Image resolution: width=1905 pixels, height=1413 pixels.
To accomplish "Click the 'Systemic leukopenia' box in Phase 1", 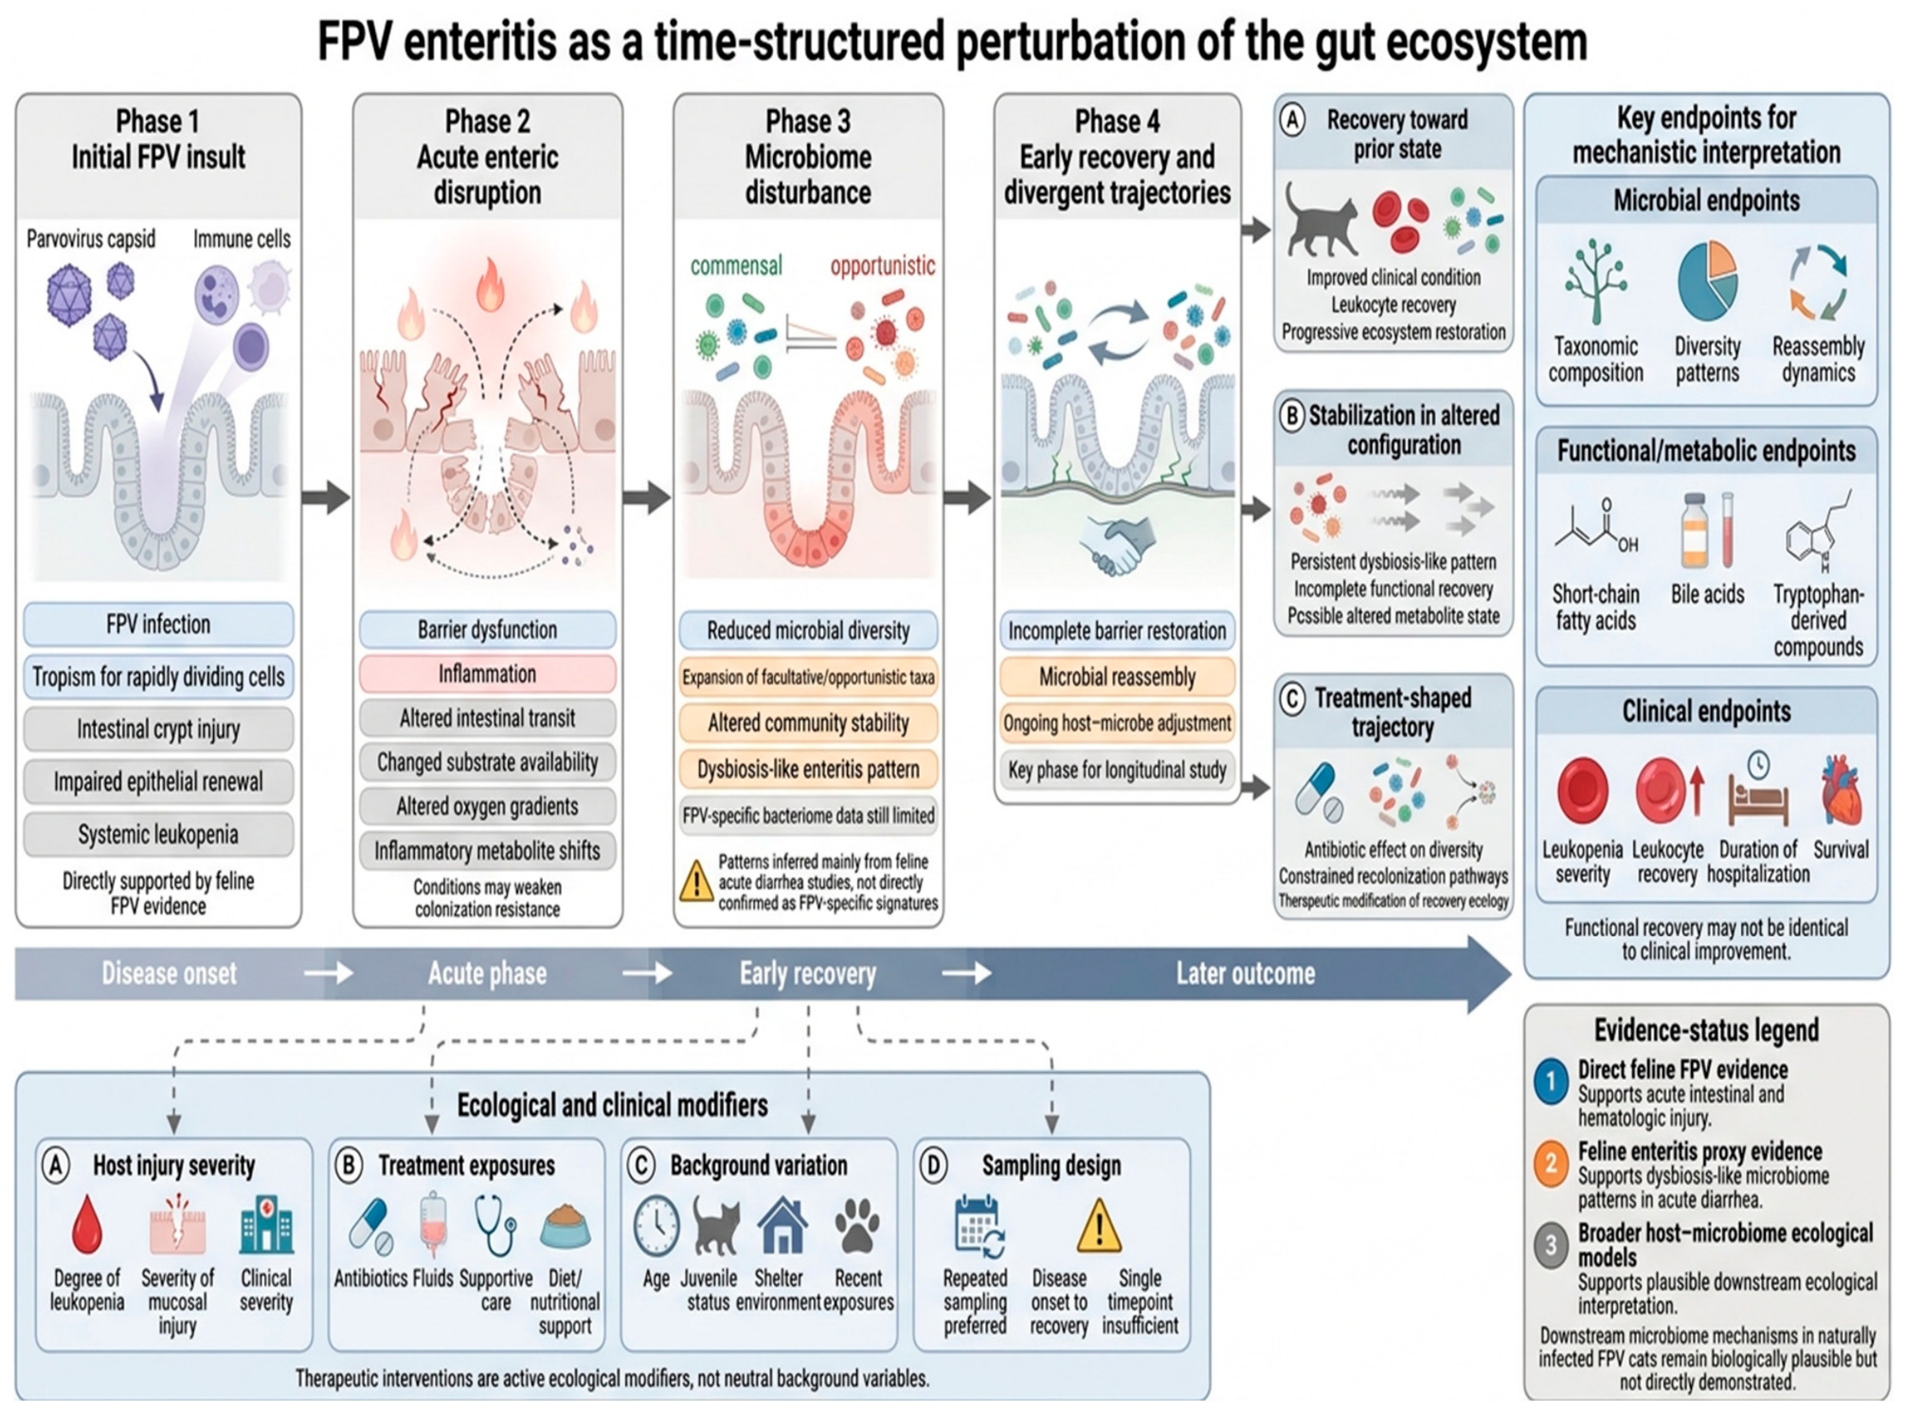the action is pyautogui.click(x=158, y=834).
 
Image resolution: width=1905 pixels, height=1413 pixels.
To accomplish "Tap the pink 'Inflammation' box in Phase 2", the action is pyautogui.click(x=487, y=674).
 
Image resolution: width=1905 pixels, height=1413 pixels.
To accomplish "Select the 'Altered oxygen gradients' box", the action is pyautogui.click(x=487, y=806).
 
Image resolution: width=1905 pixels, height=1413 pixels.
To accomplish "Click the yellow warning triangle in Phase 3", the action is pyautogui.click(x=696, y=880).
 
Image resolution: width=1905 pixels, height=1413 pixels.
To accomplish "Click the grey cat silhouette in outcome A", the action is pyautogui.click(x=1321, y=220).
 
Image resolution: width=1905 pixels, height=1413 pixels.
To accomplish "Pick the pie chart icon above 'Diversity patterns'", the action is pyautogui.click(x=1707, y=281).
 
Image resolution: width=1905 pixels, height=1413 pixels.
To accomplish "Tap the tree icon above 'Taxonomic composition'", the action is pyautogui.click(x=1596, y=281).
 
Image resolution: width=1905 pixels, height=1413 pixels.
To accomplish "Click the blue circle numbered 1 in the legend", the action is pyautogui.click(x=1551, y=1081).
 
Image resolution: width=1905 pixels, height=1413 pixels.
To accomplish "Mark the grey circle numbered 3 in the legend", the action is pyautogui.click(x=1551, y=1244).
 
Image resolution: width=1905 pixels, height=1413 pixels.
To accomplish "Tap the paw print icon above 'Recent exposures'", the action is pyautogui.click(x=857, y=1225).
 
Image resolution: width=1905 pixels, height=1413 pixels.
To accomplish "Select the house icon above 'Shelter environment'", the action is pyautogui.click(x=782, y=1224).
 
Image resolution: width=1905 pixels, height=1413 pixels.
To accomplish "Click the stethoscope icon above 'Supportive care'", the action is pyautogui.click(x=495, y=1225).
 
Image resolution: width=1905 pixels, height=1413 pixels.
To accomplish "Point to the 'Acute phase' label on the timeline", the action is pyautogui.click(x=487, y=973).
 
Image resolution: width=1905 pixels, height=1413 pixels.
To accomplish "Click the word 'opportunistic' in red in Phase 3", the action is pyautogui.click(x=882, y=265).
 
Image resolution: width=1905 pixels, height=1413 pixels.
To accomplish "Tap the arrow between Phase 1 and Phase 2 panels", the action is pyautogui.click(x=326, y=497).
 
